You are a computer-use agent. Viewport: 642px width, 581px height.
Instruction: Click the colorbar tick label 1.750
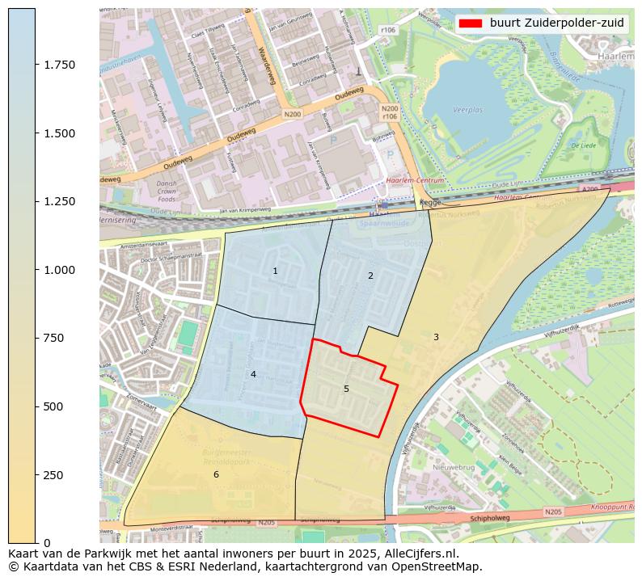click(59, 65)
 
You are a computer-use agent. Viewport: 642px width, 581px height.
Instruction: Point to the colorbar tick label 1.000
click(59, 270)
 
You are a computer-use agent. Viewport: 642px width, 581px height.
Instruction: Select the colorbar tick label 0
click(48, 543)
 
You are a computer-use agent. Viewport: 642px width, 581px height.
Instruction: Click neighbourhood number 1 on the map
click(275, 271)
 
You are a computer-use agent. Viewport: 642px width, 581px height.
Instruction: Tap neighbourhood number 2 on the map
click(370, 276)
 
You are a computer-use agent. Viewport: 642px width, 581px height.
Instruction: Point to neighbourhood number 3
click(436, 337)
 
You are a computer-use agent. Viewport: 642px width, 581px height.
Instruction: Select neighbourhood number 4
click(253, 374)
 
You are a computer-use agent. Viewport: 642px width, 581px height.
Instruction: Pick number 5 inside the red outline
click(346, 389)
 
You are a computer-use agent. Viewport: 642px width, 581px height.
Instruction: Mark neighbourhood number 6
click(216, 474)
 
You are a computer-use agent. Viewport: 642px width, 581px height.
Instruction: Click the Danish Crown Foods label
click(145, 191)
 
